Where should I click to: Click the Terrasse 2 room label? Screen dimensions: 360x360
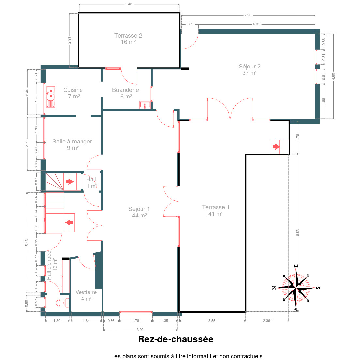click(128, 38)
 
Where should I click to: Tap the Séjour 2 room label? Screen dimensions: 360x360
click(249, 69)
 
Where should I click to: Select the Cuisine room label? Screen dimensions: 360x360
click(73, 93)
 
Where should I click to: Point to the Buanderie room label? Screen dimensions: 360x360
click(125, 93)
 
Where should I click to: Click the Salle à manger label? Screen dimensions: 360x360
click(72, 144)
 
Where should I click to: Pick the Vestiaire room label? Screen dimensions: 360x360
click(86, 295)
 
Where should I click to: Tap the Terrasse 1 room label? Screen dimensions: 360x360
click(216, 210)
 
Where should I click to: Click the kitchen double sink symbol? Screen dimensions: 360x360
click(51, 97)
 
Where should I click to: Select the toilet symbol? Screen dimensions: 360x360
click(63, 303)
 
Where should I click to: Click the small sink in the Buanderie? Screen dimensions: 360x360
click(145, 105)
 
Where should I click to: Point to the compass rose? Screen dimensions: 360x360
click(296, 288)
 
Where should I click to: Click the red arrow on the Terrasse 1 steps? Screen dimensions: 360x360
click(277, 146)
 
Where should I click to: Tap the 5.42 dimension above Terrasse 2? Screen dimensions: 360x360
click(128, 4)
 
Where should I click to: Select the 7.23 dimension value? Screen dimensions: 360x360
click(248, 15)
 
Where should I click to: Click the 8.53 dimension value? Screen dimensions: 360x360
click(298, 232)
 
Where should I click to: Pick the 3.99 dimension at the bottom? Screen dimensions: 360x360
click(140, 330)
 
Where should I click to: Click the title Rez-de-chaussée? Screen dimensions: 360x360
click(176, 339)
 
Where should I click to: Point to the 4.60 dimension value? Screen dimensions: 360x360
click(333, 76)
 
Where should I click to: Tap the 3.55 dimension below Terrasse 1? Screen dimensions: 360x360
click(212, 321)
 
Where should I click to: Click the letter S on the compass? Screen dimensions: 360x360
click(318, 288)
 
